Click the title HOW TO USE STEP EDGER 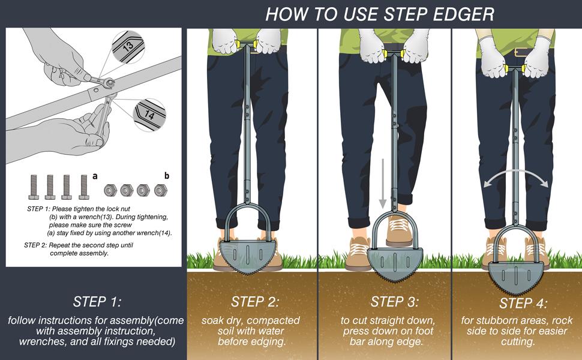click(x=380, y=13)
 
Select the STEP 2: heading click(x=255, y=301)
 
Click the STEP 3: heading click(x=395, y=301)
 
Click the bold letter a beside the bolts click(x=95, y=176)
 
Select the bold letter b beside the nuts click(x=167, y=176)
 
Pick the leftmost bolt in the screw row click(x=34, y=187)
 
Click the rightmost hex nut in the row click(x=160, y=190)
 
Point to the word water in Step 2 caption click(x=267, y=331)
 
